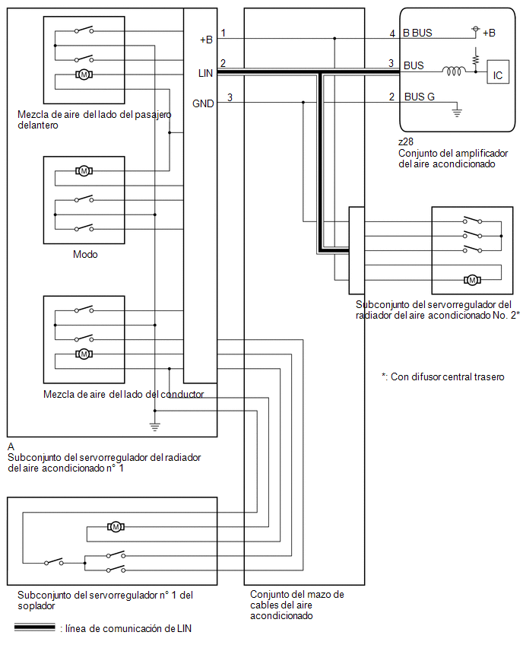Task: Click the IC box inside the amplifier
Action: (x=497, y=72)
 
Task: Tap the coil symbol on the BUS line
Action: (x=453, y=71)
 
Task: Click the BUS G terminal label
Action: (x=419, y=97)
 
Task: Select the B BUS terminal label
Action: (x=417, y=33)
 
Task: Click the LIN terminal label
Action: (x=205, y=73)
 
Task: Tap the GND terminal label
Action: (x=203, y=103)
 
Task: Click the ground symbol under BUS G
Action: (x=457, y=111)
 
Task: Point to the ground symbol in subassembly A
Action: (x=155, y=426)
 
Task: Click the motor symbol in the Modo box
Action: (x=84, y=170)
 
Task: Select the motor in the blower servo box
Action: (x=116, y=526)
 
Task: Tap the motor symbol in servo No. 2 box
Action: (x=472, y=280)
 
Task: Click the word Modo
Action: (x=85, y=254)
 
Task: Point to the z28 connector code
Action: (x=406, y=141)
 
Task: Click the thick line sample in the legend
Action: (x=35, y=627)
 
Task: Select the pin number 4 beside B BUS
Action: (x=392, y=33)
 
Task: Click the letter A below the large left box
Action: (x=11, y=446)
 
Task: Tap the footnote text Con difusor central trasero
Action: (x=448, y=377)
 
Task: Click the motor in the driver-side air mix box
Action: (x=84, y=354)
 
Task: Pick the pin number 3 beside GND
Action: (x=230, y=97)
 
